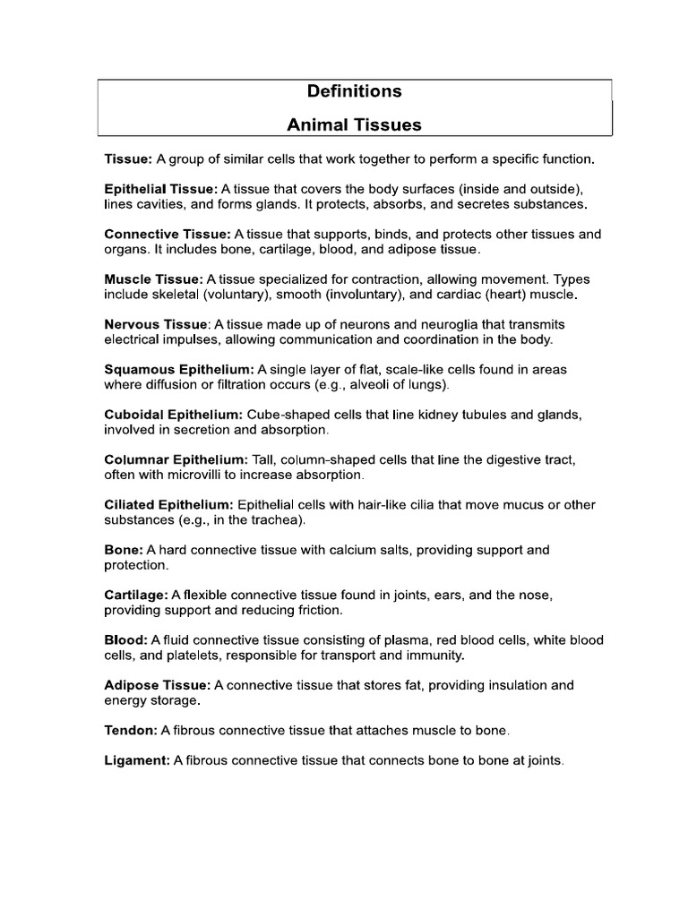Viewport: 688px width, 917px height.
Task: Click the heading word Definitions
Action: tap(354, 91)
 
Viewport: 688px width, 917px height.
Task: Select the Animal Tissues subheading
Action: tap(354, 125)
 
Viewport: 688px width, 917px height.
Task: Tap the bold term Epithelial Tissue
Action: tap(160, 189)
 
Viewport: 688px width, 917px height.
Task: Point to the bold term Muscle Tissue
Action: tap(153, 279)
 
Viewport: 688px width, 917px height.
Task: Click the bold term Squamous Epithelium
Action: tap(179, 369)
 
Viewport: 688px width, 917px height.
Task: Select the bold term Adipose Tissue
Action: tap(157, 685)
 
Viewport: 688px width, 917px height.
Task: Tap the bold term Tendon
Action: tap(131, 731)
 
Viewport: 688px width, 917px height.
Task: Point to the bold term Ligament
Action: tap(137, 761)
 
